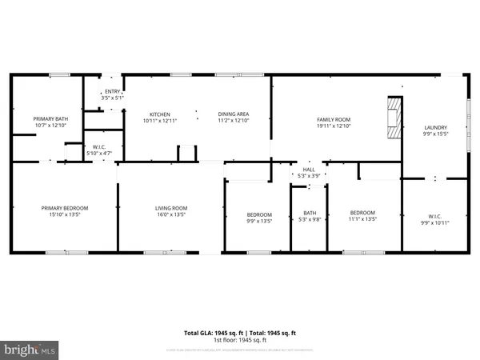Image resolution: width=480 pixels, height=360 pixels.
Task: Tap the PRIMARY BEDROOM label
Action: click(x=65, y=208)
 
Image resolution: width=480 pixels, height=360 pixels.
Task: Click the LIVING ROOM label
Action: click(x=170, y=208)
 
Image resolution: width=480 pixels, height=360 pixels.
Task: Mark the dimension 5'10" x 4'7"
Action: click(x=100, y=152)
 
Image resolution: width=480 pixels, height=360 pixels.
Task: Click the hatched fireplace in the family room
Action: click(x=393, y=119)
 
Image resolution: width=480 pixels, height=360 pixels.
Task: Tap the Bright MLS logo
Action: click(x=30, y=350)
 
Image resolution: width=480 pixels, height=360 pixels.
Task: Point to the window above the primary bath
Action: click(x=59, y=75)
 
